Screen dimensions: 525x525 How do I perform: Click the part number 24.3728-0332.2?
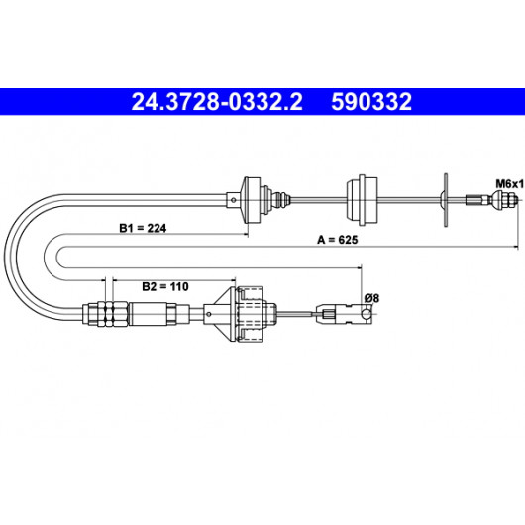[x=217, y=102]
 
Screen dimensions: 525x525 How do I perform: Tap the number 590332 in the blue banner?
[x=371, y=102]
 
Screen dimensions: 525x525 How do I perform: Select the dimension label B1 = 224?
[x=143, y=228]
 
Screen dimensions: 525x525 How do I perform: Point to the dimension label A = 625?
[x=338, y=240]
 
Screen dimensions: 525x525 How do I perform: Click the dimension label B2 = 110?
[x=165, y=286]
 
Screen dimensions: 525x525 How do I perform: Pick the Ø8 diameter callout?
[x=371, y=297]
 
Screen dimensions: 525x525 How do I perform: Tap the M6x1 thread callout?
[x=509, y=184]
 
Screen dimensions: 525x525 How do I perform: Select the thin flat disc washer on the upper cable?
[x=446, y=200]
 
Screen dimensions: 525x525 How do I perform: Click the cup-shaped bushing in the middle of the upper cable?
[x=362, y=200]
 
